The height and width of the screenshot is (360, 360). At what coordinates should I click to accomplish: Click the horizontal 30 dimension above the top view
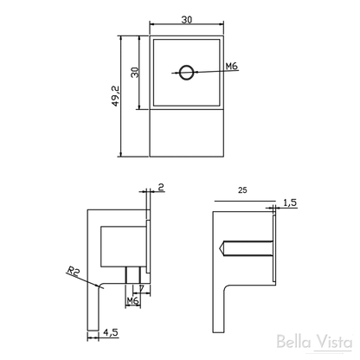click(187, 20)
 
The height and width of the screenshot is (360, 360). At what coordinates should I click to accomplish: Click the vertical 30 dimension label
click(135, 72)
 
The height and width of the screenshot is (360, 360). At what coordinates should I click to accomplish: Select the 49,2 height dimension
click(116, 96)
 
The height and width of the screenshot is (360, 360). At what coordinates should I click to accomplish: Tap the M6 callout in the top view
click(231, 66)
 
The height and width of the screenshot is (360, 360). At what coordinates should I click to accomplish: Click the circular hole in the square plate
click(186, 73)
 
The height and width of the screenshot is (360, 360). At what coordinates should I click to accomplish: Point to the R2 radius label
click(73, 272)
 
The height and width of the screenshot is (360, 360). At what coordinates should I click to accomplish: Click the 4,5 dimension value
click(111, 332)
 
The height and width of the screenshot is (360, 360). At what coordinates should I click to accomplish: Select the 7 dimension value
click(141, 288)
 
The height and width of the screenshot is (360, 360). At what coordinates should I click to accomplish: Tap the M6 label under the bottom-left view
click(132, 301)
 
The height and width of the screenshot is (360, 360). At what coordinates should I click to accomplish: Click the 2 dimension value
click(161, 187)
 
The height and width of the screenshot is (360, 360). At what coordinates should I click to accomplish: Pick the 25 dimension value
click(242, 190)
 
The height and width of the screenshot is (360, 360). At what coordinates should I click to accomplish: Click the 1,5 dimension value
click(290, 202)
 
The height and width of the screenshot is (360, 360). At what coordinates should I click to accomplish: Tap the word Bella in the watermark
click(293, 342)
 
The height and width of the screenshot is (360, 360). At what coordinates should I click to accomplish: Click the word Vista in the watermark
click(334, 343)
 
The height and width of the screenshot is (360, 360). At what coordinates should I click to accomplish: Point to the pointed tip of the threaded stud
click(218, 248)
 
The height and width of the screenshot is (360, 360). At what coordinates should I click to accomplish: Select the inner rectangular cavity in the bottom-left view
click(123, 247)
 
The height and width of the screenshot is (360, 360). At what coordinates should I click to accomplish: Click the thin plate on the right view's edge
click(274, 247)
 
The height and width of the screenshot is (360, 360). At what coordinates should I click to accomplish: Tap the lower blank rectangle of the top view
click(187, 133)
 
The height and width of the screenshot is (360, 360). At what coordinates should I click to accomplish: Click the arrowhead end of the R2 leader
click(100, 287)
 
